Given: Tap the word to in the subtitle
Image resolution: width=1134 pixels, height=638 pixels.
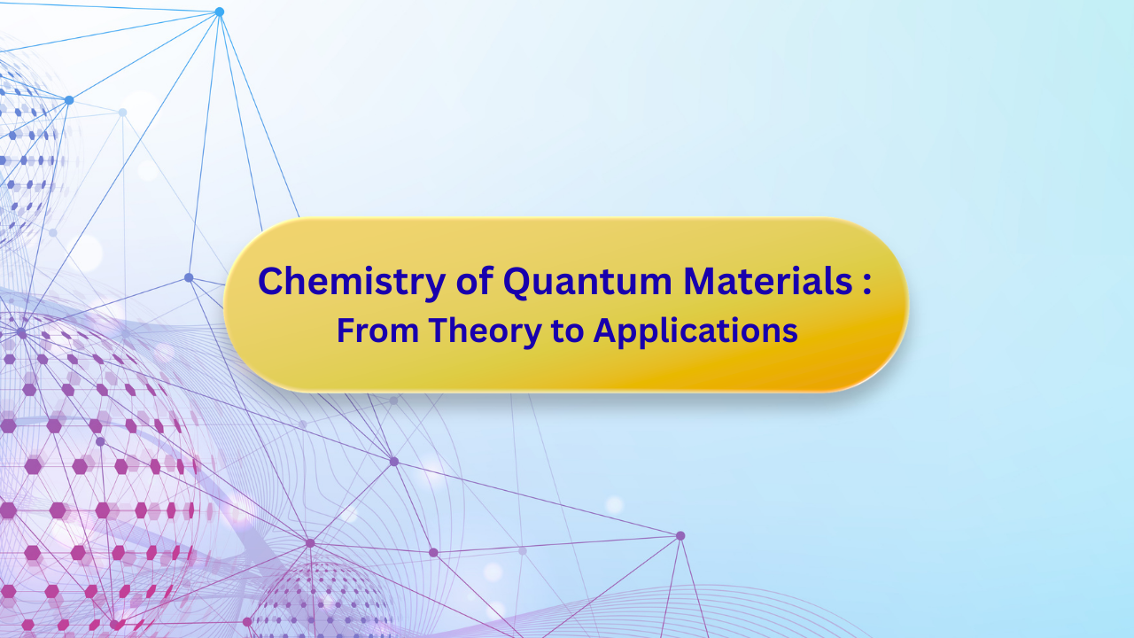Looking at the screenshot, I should coord(567,331).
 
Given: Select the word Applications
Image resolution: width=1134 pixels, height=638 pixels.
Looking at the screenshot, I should coord(695,331).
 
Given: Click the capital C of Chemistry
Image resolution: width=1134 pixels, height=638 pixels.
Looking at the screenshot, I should coord(270,282).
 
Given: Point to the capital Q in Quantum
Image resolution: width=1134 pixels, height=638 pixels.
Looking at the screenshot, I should coord(518,283).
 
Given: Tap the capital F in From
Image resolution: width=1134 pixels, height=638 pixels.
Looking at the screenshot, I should coord(345,331).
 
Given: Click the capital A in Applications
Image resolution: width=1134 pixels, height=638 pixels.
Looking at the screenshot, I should coord(605,331).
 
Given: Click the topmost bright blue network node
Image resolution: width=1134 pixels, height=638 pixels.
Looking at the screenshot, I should coord(219,12).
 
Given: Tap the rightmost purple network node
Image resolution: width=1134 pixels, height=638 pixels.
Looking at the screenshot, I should coord(680,535).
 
